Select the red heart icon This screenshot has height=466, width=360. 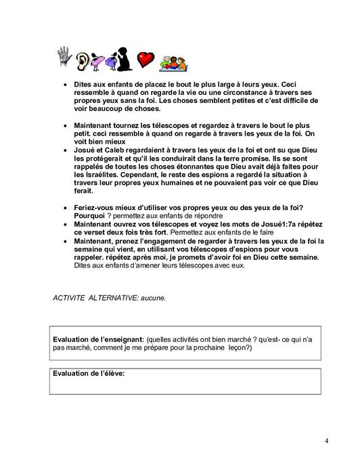(x=145, y=60)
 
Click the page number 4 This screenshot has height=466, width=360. (x=326, y=441)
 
